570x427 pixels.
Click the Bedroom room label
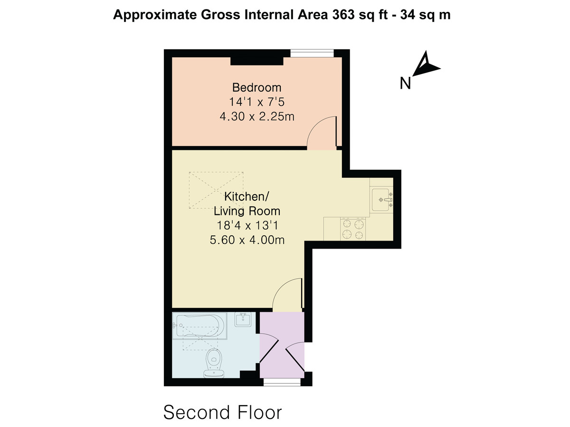(x=256, y=88)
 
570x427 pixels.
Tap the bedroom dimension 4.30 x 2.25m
(x=257, y=116)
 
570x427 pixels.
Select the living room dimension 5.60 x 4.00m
(x=247, y=240)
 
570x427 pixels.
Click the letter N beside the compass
(x=405, y=83)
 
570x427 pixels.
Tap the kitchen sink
(x=382, y=200)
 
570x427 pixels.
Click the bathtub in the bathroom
(x=199, y=326)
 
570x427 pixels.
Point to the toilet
(x=213, y=363)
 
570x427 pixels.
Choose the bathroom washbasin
(x=243, y=319)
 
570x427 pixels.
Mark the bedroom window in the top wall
(x=312, y=53)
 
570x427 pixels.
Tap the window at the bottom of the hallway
(x=282, y=382)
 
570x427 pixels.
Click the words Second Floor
(x=223, y=412)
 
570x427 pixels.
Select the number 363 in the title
(x=343, y=15)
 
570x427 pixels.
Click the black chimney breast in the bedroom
(x=257, y=61)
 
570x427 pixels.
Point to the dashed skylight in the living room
(x=216, y=190)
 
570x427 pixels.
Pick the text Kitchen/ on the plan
(x=247, y=196)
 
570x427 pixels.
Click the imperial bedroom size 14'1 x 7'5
(x=256, y=102)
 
